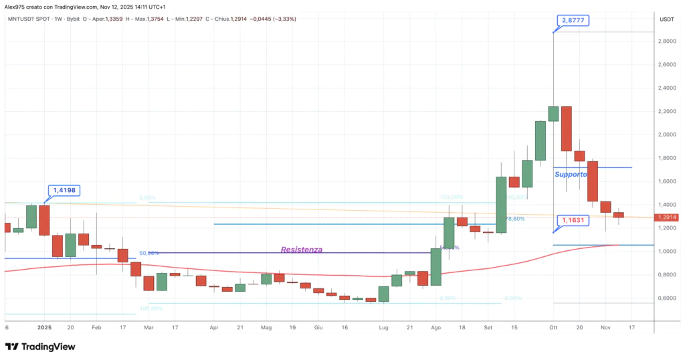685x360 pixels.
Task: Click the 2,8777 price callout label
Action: (573, 21)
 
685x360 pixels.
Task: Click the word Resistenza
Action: (301, 249)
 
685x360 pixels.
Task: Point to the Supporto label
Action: (571, 174)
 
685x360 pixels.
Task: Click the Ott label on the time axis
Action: (553, 328)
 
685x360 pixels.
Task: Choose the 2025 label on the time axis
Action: (44, 328)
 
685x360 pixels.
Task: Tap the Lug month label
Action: (383, 328)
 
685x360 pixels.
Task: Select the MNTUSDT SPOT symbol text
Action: (31, 19)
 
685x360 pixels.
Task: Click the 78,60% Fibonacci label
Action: (514, 219)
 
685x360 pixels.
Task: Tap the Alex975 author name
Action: (16, 6)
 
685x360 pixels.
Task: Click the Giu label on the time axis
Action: (318, 328)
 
